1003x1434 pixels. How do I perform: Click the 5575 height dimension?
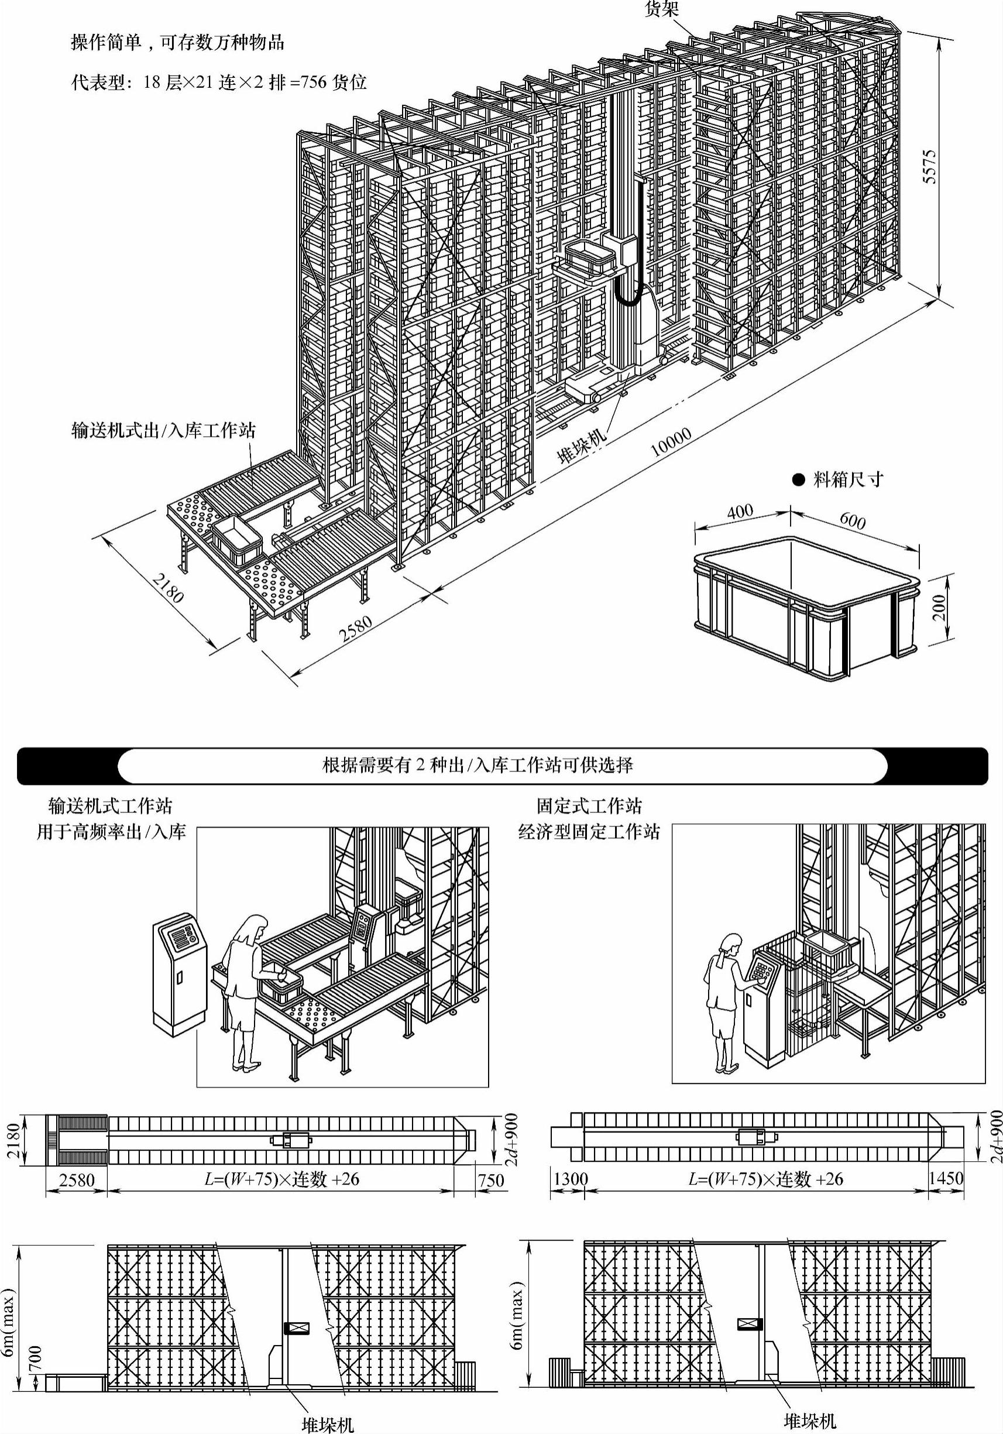pyautogui.click(x=930, y=166)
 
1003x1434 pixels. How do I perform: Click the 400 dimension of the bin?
pyautogui.click(x=740, y=512)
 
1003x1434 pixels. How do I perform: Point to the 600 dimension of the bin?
pyautogui.click(x=853, y=520)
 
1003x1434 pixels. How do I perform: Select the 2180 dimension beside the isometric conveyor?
pyautogui.click(x=167, y=588)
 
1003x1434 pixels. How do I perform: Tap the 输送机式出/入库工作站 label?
pyautogui.click(x=164, y=430)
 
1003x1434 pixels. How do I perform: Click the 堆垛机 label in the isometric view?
pyautogui.click(x=582, y=445)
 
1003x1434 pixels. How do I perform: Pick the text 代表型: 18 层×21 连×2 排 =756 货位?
pyautogui.click(x=219, y=82)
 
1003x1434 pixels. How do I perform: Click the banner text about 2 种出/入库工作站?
pyautogui.click(x=477, y=765)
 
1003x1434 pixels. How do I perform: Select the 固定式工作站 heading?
pyautogui.click(x=589, y=807)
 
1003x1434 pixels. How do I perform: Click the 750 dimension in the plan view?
pyautogui.click(x=490, y=1179)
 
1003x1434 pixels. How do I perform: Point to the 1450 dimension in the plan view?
pyautogui.click(x=946, y=1179)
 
